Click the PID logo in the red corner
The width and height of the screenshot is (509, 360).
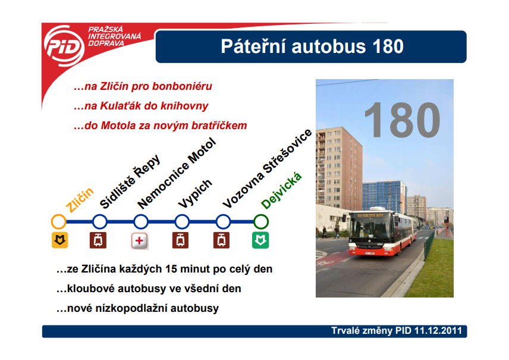(64, 46)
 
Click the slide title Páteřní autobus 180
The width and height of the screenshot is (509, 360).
(312, 46)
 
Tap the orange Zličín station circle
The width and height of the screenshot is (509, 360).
(59, 222)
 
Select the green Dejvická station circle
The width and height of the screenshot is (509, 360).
(260, 222)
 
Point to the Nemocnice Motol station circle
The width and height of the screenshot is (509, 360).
(141, 222)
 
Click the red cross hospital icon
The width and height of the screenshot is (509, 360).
(140, 241)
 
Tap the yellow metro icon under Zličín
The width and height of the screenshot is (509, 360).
(59, 240)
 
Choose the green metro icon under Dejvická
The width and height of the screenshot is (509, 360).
(260, 240)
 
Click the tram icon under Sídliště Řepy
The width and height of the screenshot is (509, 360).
(98, 240)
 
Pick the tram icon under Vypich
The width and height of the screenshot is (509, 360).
(181, 240)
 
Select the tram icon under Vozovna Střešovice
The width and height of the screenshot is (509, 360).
(221, 240)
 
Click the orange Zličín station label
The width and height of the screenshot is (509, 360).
(80, 199)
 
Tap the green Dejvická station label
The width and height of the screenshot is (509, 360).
(281, 190)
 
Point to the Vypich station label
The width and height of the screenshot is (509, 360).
(195, 193)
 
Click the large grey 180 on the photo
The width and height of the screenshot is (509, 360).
(402, 120)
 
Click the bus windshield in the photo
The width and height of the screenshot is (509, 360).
(370, 228)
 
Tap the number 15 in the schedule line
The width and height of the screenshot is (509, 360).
(171, 269)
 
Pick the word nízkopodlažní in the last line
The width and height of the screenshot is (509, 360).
(131, 308)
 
